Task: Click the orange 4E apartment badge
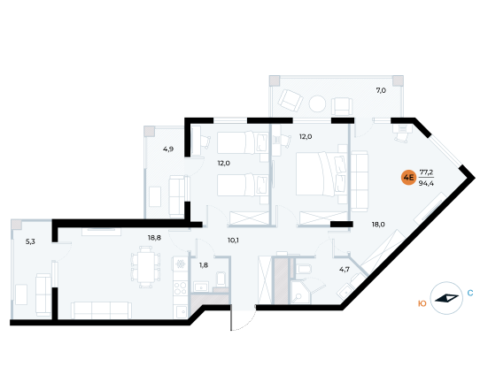click(408, 178)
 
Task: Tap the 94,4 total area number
click(426, 183)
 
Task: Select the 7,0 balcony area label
click(381, 90)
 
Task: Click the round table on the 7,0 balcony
click(317, 103)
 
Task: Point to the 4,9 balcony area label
click(168, 149)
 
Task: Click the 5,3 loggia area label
click(30, 241)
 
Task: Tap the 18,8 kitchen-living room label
click(154, 238)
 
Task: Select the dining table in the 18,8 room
click(145, 267)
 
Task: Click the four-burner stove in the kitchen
click(180, 288)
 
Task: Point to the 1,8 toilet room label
click(204, 265)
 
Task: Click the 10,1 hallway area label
click(233, 241)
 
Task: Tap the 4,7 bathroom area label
click(345, 269)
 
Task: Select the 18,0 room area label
click(378, 224)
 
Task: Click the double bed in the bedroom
click(321, 173)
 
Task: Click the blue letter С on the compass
click(470, 293)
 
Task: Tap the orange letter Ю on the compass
click(422, 303)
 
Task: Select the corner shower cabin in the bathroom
click(301, 293)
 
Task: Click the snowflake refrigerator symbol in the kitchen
click(180, 264)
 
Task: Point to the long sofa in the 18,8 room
click(102, 310)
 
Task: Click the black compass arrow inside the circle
click(446, 298)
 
